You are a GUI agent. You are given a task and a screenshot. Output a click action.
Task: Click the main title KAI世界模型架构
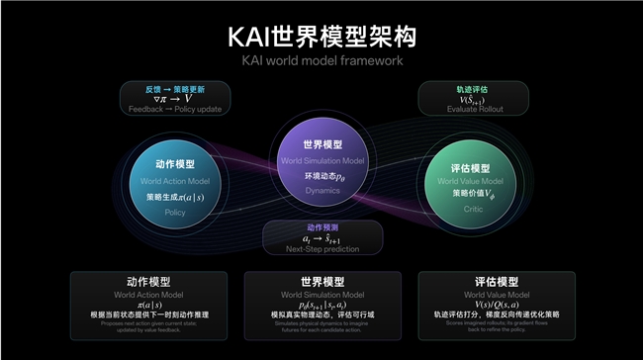(321, 36)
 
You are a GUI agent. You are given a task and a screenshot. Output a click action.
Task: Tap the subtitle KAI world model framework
(321, 61)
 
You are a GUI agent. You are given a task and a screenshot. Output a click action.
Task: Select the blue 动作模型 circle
(175, 179)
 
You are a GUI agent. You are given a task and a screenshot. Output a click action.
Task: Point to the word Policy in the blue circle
(175, 212)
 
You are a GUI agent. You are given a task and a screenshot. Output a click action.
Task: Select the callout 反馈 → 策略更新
(175, 87)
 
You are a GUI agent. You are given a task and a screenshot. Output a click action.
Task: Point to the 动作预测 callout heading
(321, 226)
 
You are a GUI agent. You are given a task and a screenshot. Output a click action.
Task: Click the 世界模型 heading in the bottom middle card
(321, 282)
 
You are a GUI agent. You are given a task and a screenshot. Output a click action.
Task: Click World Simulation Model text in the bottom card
(321, 295)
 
